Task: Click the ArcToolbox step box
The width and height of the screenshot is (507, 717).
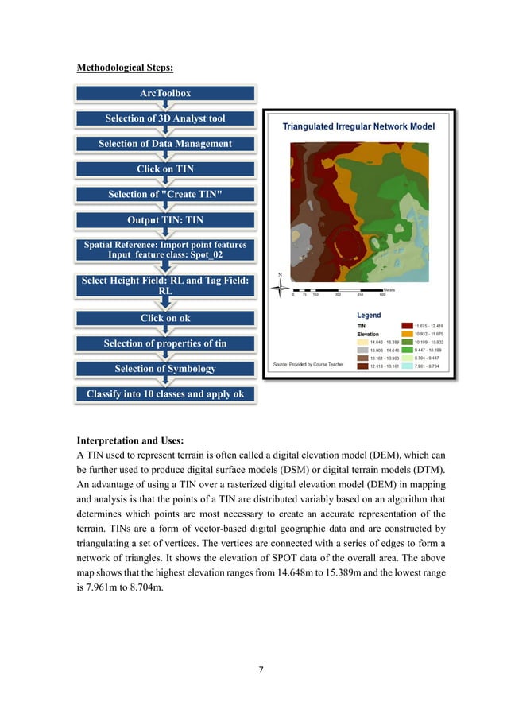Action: pyautogui.click(x=165, y=93)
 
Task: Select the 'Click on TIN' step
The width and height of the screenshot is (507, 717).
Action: pyautogui.click(x=165, y=169)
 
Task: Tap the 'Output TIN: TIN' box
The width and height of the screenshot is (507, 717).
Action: pyautogui.click(x=165, y=219)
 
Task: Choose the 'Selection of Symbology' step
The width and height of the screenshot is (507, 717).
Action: pyautogui.click(x=165, y=369)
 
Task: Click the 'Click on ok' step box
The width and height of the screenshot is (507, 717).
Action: pyautogui.click(x=165, y=318)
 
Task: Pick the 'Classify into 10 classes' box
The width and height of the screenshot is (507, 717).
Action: pyautogui.click(x=165, y=394)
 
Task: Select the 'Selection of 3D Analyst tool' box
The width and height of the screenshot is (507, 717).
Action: pyautogui.click(x=165, y=118)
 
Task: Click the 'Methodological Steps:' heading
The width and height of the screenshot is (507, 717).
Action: pyautogui.click(x=124, y=68)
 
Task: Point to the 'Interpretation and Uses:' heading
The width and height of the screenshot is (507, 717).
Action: pyautogui.click(x=132, y=440)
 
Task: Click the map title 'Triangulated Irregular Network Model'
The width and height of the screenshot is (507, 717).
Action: pyautogui.click(x=359, y=126)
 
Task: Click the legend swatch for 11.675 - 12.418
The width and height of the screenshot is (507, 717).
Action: pyautogui.click(x=407, y=326)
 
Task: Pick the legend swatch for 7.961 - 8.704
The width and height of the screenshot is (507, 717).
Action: pyautogui.click(x=407, y=366)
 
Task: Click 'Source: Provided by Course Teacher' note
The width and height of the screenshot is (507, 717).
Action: pyautogui.click(x=307, y=364)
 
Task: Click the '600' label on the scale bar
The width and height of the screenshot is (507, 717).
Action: pyautogui.click(x=383, y=295)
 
